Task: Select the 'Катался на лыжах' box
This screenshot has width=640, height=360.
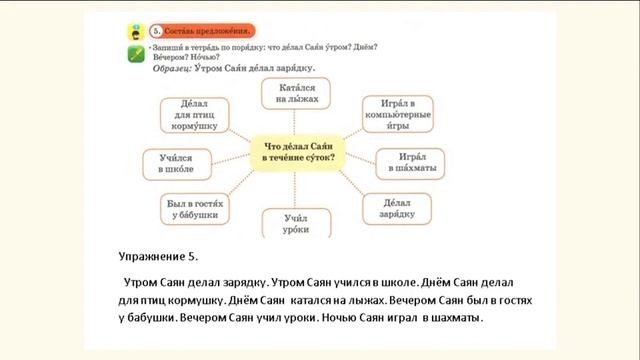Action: (x=292, y=95)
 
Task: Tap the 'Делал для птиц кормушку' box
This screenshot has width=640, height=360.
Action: (x=189, y=115)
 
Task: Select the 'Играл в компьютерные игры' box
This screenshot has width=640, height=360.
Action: (x=399, y=115)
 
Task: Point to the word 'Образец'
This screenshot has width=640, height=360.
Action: (x=177, y=68)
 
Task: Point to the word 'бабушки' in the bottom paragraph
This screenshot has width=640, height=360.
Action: (x=147, y=319)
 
